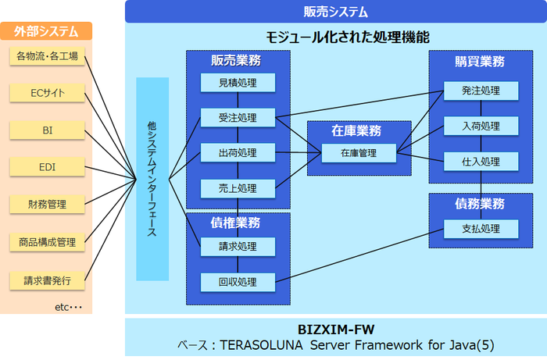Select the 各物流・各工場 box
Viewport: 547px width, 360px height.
coord(47,57)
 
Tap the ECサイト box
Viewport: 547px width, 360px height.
coord(47,94)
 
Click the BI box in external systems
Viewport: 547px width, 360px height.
coord(47,130)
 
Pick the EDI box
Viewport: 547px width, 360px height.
coord(47,167)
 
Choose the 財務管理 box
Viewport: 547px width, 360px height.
coord(47,205)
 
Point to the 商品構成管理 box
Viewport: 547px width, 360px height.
coord(47,242)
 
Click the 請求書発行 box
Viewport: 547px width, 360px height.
coord(47,279)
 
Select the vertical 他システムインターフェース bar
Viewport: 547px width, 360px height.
coord(152,179)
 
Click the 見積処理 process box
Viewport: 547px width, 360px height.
coord(238,83)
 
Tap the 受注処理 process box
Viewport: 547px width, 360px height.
coord(238,118)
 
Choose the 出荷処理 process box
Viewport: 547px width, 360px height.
coord(238,153)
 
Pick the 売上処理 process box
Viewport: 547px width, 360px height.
coord(238,188)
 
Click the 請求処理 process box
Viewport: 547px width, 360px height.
coord(238,247)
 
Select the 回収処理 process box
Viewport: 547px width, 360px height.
coord(238,281)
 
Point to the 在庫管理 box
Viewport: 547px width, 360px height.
coord(359,153)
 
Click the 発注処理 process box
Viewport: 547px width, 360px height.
coord(481,91)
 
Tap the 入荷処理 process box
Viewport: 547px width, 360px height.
coord(481,126)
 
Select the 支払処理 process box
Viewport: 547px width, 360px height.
coord(481,229)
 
